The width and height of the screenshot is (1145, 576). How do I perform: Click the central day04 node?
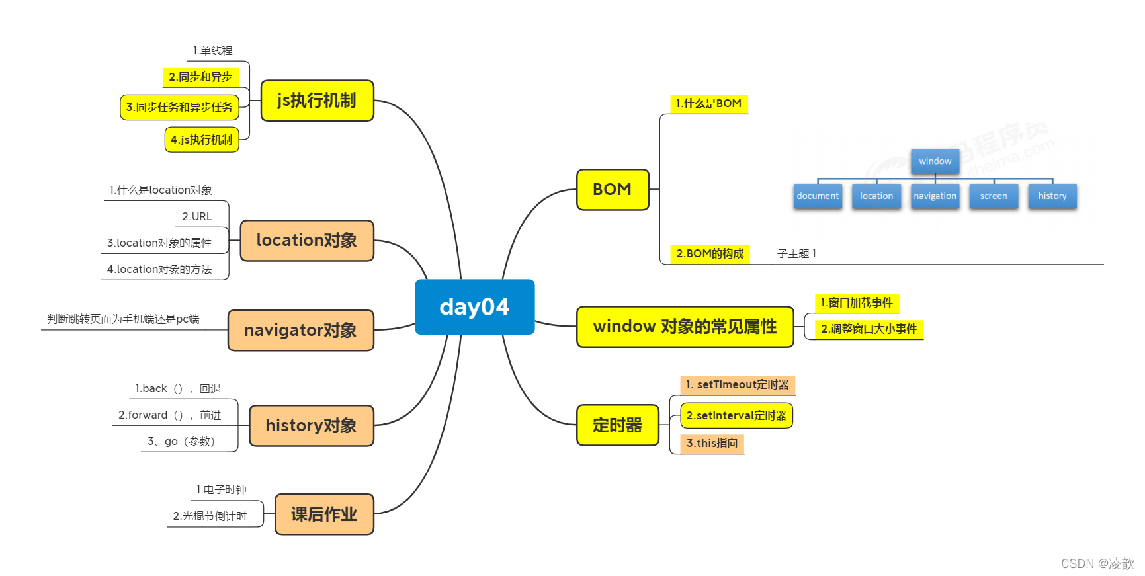(x=474, y=307)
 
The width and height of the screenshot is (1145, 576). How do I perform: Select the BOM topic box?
(x=613, y=190)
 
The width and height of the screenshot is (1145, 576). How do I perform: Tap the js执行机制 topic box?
(x=317, y=101)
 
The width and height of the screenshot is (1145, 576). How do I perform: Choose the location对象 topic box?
(x=307, y=241)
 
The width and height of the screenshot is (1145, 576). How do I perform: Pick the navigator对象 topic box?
(x=300, y=330)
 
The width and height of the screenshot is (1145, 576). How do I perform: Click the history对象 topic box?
(x=311, y=426)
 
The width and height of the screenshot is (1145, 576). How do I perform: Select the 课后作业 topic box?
(x=324, y=514)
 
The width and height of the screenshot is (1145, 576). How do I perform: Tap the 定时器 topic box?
(x=617, y=425)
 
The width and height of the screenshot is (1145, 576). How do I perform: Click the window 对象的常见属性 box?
(x=685, y=327)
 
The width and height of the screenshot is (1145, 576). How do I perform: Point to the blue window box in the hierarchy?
(x=935, y=161)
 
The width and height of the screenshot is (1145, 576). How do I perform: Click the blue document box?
(x=818, y=196)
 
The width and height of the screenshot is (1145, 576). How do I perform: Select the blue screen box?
(x=994, y=196)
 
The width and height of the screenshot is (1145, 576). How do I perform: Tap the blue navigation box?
(x=935, y=196)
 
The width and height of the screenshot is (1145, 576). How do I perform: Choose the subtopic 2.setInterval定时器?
(x=736, y=416)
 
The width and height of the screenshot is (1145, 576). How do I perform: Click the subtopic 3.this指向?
(x=712, y=444)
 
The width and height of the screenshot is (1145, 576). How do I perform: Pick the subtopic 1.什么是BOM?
(x=708, y=104)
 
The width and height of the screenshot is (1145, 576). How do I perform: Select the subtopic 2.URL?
(x=197, y=217)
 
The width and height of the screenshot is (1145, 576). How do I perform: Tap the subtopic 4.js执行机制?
(x=202, y=140)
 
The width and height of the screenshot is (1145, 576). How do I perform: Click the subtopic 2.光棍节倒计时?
(x=210, y=516)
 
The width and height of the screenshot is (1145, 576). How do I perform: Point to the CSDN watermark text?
(x=1097, y=563)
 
